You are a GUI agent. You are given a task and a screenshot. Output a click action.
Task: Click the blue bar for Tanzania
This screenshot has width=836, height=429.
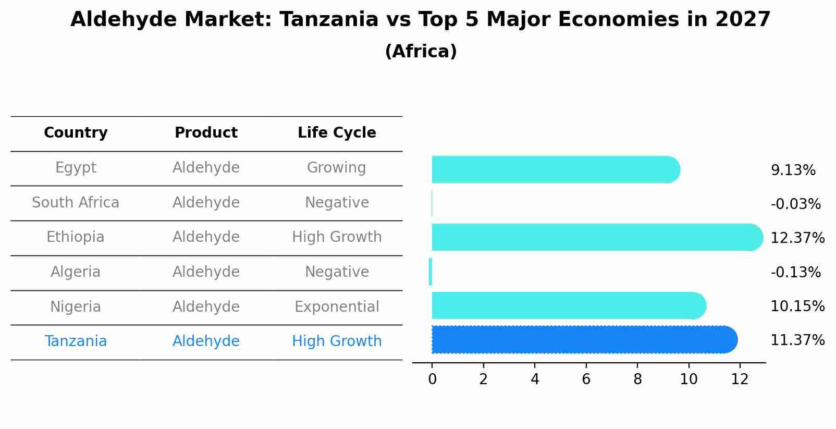point(584,339)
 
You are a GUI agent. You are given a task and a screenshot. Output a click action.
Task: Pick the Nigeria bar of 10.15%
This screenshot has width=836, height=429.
point(568,305)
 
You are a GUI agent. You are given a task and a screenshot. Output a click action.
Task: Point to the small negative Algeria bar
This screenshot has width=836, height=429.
point(431,272)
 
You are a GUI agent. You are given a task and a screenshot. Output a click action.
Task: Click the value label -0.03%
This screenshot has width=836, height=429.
point(795,204)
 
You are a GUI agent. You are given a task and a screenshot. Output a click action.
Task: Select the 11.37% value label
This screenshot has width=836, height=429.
point(797,340)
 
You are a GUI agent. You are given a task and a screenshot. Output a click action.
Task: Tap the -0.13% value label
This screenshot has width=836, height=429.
point(795,273)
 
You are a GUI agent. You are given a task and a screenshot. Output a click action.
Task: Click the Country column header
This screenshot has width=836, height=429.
point(76,133)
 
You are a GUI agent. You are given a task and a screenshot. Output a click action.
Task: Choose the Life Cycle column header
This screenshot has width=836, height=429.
point(337,133)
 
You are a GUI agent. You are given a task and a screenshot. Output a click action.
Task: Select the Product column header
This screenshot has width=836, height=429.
point(206,133)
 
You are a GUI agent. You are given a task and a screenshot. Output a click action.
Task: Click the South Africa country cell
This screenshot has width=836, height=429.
point(76,203)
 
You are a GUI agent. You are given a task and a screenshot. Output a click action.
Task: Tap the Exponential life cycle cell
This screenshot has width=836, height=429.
point(337,307)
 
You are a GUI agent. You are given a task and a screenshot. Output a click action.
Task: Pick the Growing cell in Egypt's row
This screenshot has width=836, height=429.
point(336,168)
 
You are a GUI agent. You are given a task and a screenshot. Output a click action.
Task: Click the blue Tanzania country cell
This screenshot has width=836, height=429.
point(76,341)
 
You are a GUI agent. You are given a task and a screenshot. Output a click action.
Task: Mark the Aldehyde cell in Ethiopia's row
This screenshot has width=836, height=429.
point(206,237)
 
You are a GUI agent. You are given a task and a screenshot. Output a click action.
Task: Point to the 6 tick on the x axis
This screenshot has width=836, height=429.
point(586,379)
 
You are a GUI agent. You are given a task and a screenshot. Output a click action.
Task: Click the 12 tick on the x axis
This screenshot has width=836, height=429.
point(740,379)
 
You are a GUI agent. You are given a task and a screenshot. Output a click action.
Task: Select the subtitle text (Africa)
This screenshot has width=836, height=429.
point(421,52)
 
